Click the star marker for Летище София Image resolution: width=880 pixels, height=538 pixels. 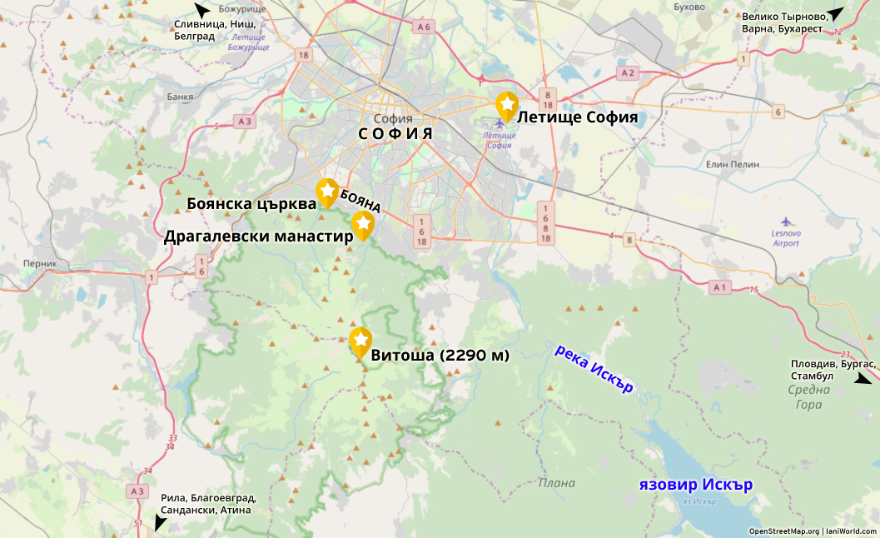tap(507, 104)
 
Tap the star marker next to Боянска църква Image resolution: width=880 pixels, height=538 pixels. tap(327, 191)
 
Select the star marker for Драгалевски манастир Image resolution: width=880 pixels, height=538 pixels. tap(362, 223)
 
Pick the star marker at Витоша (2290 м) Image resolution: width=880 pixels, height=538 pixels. tap(360, 340)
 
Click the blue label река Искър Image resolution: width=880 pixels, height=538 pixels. tap(594, 368)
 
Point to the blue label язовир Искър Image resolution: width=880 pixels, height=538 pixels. tap(695, 484)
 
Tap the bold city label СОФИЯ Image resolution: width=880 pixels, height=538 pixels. tap(395, 133)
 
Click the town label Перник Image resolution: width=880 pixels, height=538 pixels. tap(41, 263)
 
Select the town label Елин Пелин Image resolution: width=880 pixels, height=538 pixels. tap(733, 164)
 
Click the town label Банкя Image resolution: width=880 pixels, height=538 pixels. tap(180, 97)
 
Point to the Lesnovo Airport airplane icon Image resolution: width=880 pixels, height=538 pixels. tap(787, 222)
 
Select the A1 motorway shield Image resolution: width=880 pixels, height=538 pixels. tap(720, 287)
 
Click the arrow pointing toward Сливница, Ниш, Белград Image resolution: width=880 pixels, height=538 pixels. tap(201, 10)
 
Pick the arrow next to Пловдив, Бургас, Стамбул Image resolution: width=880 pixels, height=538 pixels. tap(863, 379)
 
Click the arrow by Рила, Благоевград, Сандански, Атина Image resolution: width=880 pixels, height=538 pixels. tap(160, 523)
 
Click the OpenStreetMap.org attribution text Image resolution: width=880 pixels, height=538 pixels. tap(783, 531)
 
